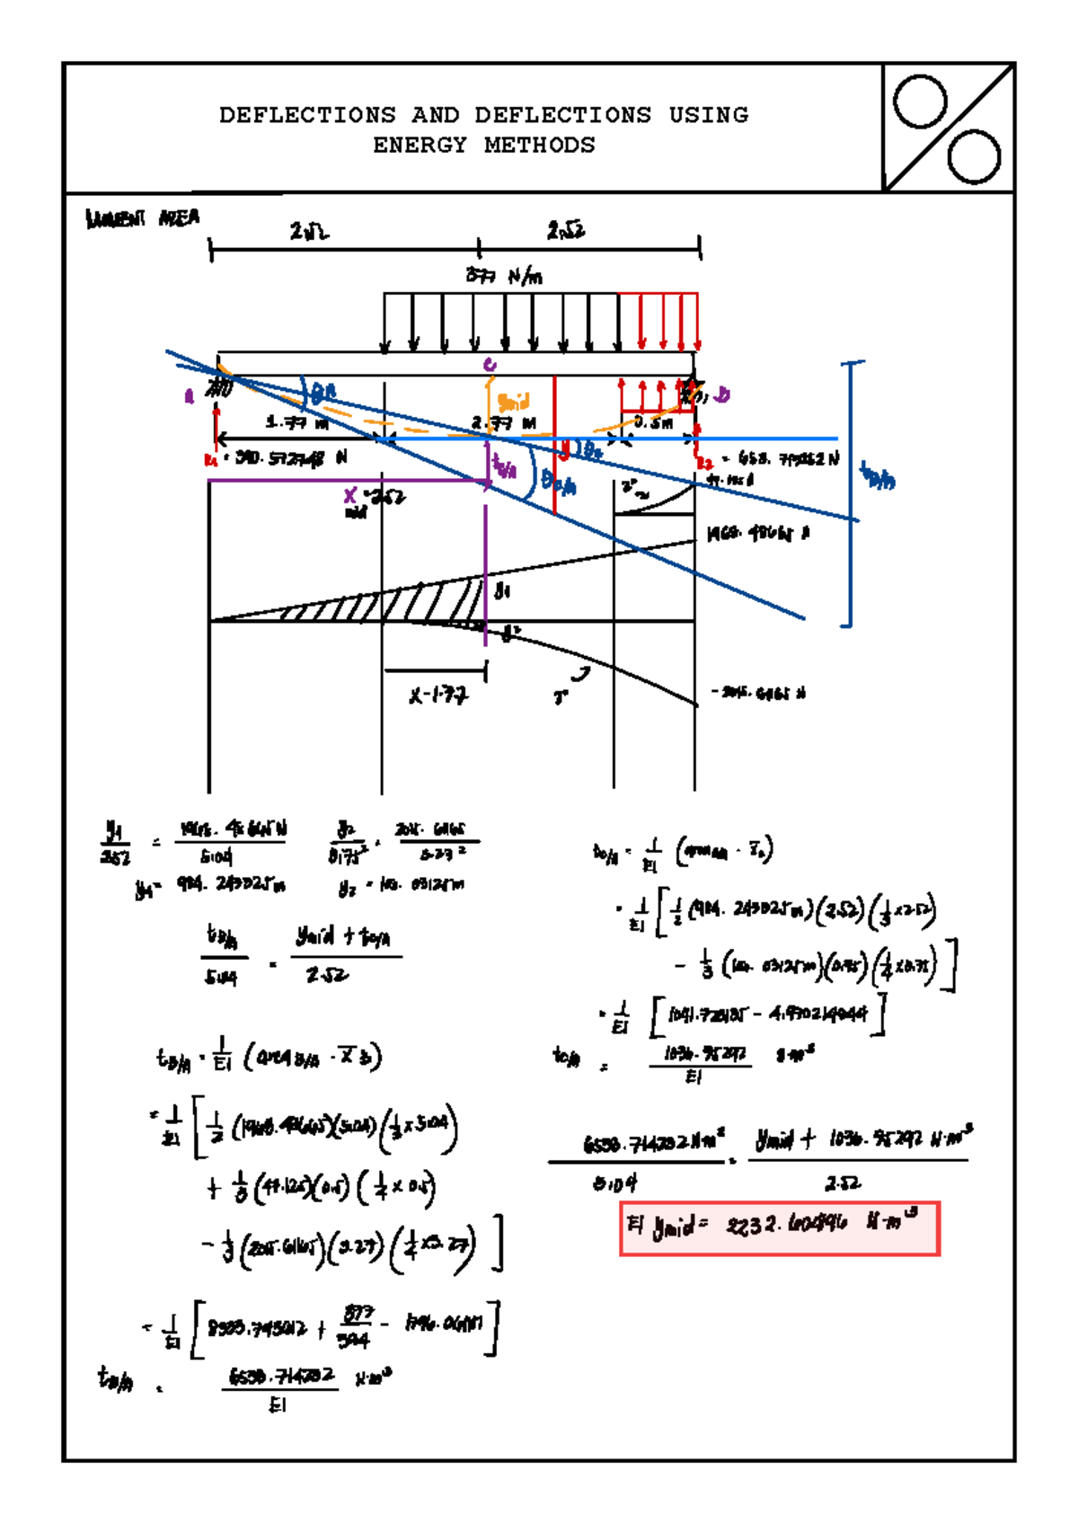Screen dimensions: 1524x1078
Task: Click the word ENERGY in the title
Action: click(x=420, y=145)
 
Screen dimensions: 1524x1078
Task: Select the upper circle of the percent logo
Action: click(x=920, y=102)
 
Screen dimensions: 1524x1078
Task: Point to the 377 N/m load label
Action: click(x=504, y=275)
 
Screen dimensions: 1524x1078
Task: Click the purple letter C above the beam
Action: click(x=490, y=365)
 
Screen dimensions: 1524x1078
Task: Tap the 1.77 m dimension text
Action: click(x=298, y=422)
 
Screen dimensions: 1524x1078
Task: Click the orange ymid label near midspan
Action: click(x=514, y=401)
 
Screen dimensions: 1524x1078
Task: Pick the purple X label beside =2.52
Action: click(x=351, y=495)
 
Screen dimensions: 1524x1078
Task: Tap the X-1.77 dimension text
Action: click(x=438, y=695)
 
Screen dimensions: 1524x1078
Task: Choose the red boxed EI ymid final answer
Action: click(x=779, y=1227)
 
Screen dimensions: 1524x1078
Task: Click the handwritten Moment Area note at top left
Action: click(x=142, y=218)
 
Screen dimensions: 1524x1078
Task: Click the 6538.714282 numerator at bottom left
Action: click(x=281, y=1376)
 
